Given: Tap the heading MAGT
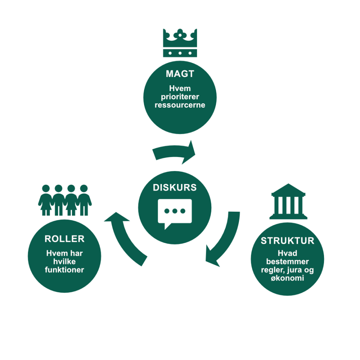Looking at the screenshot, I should [180, 74].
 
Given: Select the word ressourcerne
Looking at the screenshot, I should [180, 105].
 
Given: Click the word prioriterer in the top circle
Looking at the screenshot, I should [180, 97].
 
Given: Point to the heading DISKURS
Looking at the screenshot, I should [175, 188].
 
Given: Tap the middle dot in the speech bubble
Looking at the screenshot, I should [175, 211].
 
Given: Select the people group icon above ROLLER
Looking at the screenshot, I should [65, 200].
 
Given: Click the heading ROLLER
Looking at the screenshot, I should [64, 239].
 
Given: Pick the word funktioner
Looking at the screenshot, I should [64, 270].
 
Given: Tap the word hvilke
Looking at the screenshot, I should [64, 262].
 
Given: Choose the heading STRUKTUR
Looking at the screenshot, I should [288, 241].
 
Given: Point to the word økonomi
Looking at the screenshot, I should [288, 278].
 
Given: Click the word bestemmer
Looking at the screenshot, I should [288, 262].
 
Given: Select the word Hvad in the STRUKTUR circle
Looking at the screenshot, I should [288, 253].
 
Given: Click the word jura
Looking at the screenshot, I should [292, 270].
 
